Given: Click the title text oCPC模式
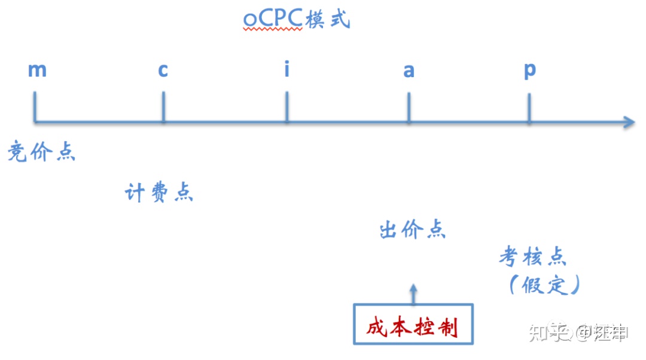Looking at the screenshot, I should pos(296,20).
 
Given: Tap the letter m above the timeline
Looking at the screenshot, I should pos(37,70).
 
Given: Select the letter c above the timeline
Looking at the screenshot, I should pos(163,71).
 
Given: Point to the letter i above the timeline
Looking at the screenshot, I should pos(287,69).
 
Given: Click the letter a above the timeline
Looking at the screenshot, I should pos(409,71).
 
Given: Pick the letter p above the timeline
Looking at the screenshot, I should pos(530,71).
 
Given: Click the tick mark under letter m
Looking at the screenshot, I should pos(35,106).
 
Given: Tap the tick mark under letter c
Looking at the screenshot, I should pos(163,106).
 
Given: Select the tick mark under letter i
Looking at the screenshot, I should pos(287,106).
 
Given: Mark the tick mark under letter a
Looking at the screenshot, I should pos(409,106).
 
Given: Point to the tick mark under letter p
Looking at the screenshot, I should pos(529,106).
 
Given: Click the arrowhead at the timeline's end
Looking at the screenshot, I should pos(628,122).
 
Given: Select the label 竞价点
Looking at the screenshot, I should pos(41,152).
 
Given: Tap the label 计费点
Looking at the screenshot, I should pos(159,193).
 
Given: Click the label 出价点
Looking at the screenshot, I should pos(413,230).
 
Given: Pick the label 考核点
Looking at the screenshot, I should pos(533,257).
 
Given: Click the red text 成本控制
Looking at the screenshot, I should pos(412,327).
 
